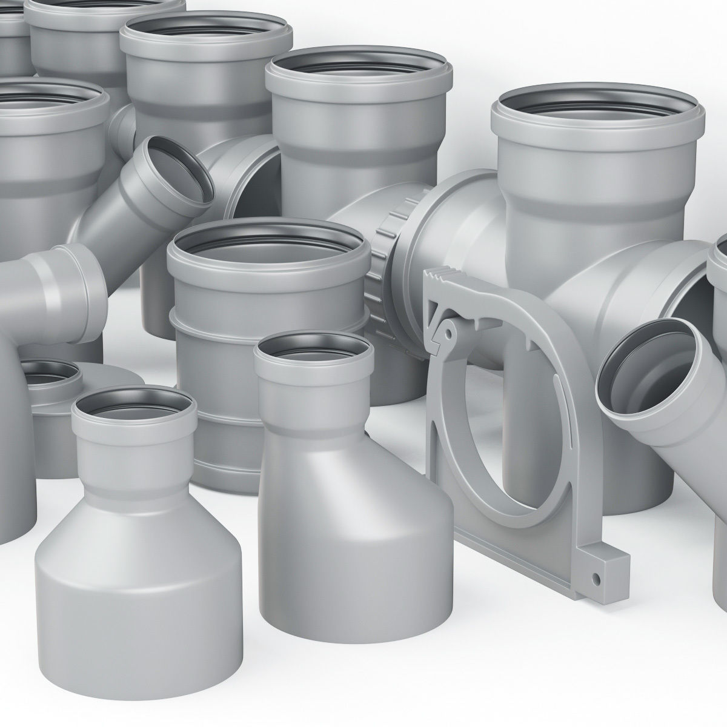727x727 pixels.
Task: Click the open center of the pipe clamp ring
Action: [509, 424]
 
